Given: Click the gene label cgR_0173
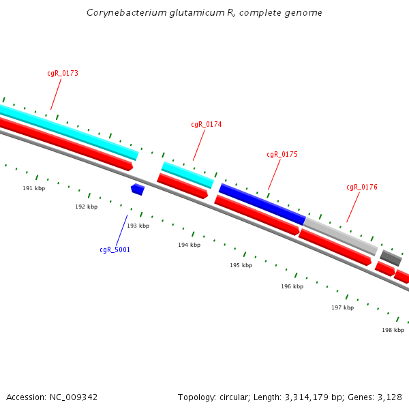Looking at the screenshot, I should point(62,73).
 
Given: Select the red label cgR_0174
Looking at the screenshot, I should point(206,124).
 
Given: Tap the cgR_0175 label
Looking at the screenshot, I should point(282,154).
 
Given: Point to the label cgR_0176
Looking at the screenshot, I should point(361,187).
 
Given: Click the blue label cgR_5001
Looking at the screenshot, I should point(115,249).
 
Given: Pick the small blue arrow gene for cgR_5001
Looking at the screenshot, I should point(138,189).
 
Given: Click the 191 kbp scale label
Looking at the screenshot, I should point(33,188).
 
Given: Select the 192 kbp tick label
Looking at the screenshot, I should point(86,207).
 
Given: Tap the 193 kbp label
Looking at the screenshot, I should point(138,226).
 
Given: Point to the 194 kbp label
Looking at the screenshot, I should point(189,245).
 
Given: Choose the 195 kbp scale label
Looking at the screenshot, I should point(241,265).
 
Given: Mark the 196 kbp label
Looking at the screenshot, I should point(292,286).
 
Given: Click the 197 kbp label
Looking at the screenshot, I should point(342,307).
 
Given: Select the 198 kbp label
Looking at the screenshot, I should point(393,330).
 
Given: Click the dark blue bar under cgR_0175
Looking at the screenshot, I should point(262,204).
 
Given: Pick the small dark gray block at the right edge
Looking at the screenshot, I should point(391,258).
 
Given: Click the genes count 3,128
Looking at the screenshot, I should point(389,397).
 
